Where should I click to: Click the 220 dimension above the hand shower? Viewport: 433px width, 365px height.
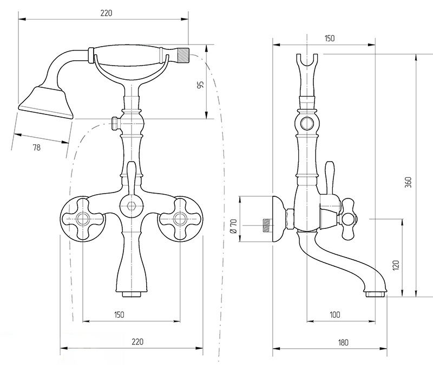[x=106, y=13]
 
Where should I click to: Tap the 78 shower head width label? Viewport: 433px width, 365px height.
[x=36, y=148]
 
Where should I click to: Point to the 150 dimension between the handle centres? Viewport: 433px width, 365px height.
[x=119, y=315]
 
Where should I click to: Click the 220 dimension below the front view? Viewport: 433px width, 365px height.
[x=137, y=342]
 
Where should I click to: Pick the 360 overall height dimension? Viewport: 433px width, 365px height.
[x=409, y=182]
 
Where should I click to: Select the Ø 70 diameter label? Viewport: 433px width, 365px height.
[x=234, y=226]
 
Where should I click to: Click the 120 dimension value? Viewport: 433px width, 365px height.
[x=396, y=265]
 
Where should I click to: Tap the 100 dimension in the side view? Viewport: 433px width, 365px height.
[x=334, y=315]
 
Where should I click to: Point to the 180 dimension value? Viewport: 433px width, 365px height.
[x=343, y=343]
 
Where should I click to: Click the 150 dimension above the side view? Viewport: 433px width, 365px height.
[x=329, y=38]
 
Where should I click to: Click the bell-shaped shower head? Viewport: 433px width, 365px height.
[x=46, y=103]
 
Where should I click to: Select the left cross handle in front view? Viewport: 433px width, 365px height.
[x=82, y=219]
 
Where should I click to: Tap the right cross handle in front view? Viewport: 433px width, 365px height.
[x=180, y=219]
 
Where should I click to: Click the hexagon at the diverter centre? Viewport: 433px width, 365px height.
[x=132, y=206]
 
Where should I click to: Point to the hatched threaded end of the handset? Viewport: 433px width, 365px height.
[x=183, y=55]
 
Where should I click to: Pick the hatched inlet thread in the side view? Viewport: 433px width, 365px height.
[x=267, y=225]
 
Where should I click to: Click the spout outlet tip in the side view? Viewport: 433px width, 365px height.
[x=375, y=294]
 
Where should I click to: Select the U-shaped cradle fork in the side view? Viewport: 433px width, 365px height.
[x=307, y=64]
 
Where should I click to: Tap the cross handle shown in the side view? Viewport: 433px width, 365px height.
[x=349, y=219]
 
